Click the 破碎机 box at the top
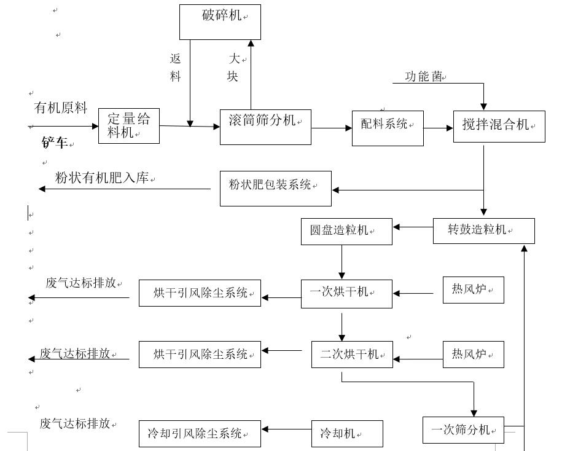[220, 22]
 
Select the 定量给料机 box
[129, 125]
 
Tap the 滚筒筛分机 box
[265, 127]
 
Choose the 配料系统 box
[388, 128]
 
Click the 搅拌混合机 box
[499, 127]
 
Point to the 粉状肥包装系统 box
[275, 188]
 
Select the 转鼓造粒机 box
[483, 231]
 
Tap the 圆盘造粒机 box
[346, 232]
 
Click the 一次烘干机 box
[346, 294]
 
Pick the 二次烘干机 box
[351, 355]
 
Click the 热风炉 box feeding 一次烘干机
[473, 290]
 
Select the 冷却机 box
[347, 434]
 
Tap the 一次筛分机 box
[463, 430]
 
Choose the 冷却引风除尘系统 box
[200, 434]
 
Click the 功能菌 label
[424, 77]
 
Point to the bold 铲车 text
[55, 143]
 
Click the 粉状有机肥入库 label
[102, 178]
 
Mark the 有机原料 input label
[60, 108]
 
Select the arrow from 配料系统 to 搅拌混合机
[438, 128]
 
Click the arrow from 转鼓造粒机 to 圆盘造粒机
[413, 227]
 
